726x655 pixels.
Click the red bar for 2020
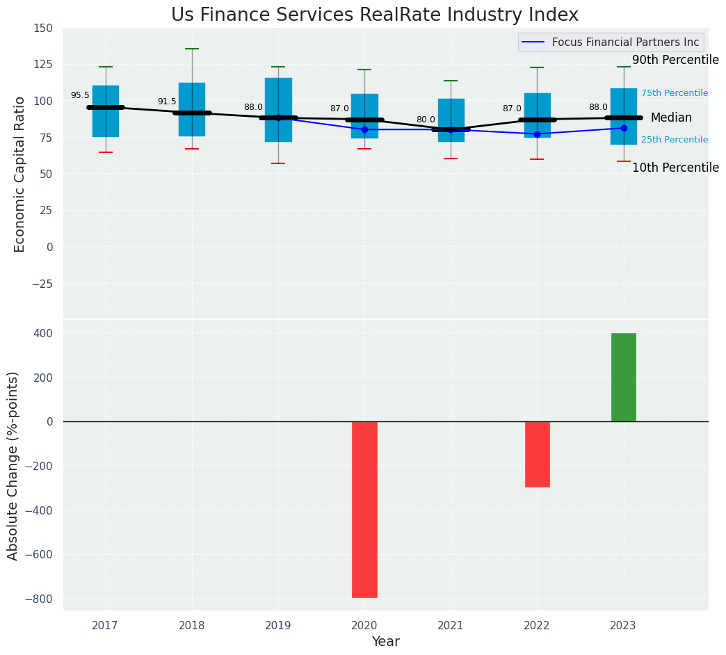[x=364, y=509]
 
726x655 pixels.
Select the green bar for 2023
[x=623, y=377]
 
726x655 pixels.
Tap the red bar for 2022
[x=537, y=454]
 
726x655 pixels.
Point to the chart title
[x=374, y=15]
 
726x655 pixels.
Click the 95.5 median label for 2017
[x=80, y=96]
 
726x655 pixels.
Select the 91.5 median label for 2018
[x=167, y=102]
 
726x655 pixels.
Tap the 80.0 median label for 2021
[x=426, y=120]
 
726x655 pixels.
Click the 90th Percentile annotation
[x=675, y=60]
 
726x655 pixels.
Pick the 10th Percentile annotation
[x=675, y=168]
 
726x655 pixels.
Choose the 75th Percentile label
[x=675, y=93]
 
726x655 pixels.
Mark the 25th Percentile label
[x=675, y=140]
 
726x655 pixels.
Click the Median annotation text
[x=671, y=118]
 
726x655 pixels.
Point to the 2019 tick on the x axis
[x=278, y=626]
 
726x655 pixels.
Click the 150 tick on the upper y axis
[x=42, y=29]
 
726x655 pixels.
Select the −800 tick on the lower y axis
[x=38, y=599]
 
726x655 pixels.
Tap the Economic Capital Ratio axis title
[x=19, y=174]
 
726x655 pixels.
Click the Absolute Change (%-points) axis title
[x=13, y=466]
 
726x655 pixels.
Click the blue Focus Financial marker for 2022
[x=537, y=134]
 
